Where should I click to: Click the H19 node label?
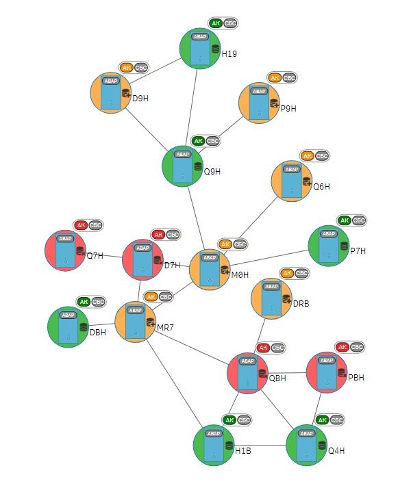pos(229,54)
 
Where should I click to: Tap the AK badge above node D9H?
pos(126,67)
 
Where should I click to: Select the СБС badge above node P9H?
pos(290,77)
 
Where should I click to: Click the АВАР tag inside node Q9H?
pos(182,155)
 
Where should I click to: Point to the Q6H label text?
pos(322,186)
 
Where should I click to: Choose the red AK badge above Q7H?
pos(81,225)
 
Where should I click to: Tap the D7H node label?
pos(172,265)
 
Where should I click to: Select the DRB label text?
pos(301,303)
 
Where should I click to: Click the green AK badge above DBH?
pos(84,301)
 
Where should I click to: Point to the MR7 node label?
pos(165,328)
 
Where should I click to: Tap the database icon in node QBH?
pos(262,374)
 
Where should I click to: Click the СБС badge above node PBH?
pos(357,347)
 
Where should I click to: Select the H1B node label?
pos(243,451)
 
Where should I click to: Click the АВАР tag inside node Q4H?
pos(306,434)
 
